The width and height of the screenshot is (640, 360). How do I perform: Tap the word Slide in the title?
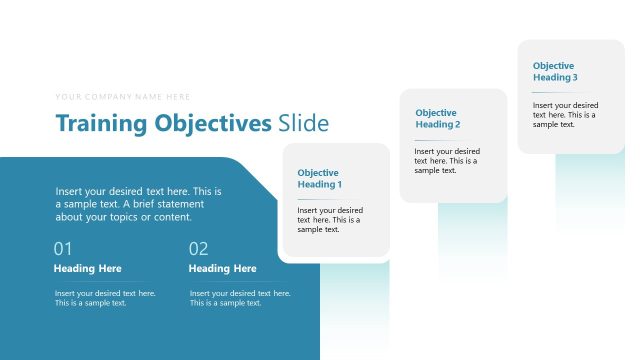click(304, 124)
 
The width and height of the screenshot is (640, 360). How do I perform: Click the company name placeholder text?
click(123, 97)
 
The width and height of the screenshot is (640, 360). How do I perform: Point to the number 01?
click(63, 249)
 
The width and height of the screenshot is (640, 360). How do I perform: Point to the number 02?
click(198, 249)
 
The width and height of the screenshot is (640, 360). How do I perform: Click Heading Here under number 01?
click(87, 269)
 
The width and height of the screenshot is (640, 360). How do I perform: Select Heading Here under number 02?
click(222, 269)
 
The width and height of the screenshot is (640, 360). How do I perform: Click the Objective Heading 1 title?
click(319, 178)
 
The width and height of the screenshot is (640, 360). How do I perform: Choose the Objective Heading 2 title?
click(437, 119)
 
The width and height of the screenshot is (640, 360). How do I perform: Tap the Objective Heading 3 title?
click(555, 71)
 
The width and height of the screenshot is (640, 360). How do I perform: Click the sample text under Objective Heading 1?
click(330, 220)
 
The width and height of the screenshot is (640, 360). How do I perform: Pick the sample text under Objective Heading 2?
click(446, 161)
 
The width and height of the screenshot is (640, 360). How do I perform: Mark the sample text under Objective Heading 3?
click(565, 114)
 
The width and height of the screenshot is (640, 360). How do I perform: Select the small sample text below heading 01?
click(105, 298)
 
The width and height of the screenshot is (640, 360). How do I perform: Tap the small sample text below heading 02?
click(240, 298)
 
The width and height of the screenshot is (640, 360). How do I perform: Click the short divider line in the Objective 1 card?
click(306, 199)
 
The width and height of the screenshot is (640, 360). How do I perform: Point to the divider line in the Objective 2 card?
click(424, 140)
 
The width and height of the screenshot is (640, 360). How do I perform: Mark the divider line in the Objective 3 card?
click(542, 92)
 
